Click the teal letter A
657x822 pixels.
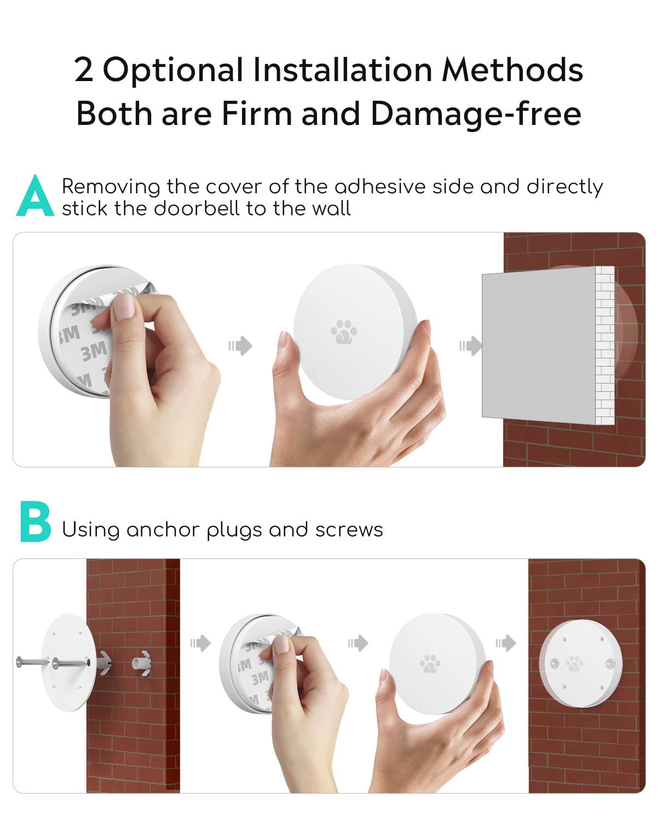coord(35,196)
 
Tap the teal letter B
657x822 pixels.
coord(36,522)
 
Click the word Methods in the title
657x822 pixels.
coord(512,70)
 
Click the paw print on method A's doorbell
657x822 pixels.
coord(344,332)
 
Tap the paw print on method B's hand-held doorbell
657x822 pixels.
coord(430,664)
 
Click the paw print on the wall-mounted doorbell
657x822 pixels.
coord(574,664)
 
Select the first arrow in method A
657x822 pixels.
coord(240,346)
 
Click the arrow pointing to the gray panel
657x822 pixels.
coord(470,346)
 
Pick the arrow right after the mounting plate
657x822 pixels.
coord(201,643)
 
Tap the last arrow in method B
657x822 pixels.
coord(506,643)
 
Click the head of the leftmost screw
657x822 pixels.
coord(19,661)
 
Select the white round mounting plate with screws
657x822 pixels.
coord(69,663)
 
